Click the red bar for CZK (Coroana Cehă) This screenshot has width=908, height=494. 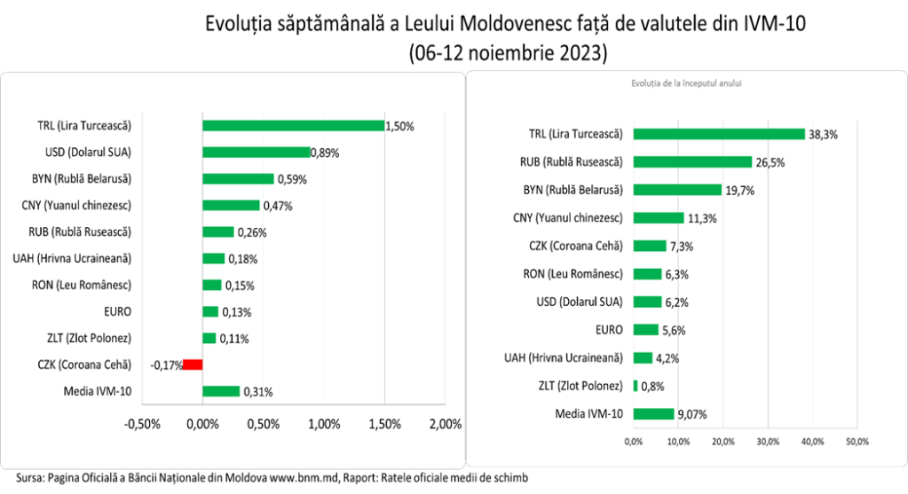tap(193, 365)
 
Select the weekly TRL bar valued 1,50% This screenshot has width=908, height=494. tap(294, 126)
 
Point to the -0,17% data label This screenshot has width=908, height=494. tap(164, 365)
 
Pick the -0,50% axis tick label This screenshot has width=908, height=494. tap(142, 422)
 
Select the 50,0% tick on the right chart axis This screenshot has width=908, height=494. tap(857, 441)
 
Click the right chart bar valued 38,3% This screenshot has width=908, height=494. tap(719, 135)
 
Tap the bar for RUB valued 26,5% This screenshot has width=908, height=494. tap(692, 162)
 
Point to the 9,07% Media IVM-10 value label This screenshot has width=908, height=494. tap(693, 413)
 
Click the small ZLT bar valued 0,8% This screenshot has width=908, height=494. tap(636, 386)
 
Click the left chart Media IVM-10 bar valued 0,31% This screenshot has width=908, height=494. tap(221, 391)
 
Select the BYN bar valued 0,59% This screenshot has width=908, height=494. tap(239, 178)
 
